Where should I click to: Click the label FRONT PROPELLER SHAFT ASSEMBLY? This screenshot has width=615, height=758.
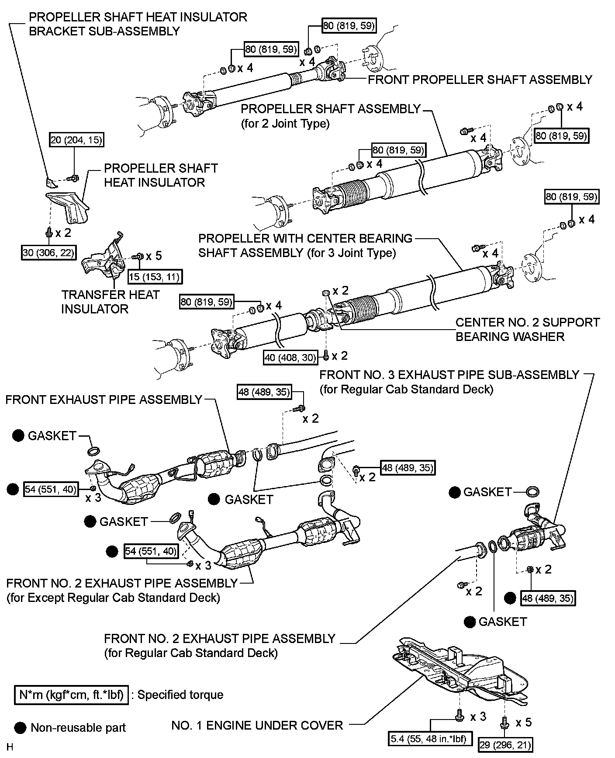pos(480,80)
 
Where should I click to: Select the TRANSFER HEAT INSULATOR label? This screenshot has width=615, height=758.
pos(110,302)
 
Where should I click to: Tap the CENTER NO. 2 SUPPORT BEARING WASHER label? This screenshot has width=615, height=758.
pos(527,329)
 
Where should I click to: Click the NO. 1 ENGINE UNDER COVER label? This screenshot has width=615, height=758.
pos(257,726)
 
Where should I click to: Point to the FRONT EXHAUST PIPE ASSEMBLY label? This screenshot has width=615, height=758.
pos(104,400)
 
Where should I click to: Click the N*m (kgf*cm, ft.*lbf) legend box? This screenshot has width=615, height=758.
pos(71,695)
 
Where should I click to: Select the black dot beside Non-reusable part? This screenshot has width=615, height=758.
pos(20,728)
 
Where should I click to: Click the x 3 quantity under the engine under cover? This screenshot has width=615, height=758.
pos(478,716)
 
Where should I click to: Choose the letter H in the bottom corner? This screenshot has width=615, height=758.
pos(10,747)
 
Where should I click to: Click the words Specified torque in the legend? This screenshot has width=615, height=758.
pos(180,695)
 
